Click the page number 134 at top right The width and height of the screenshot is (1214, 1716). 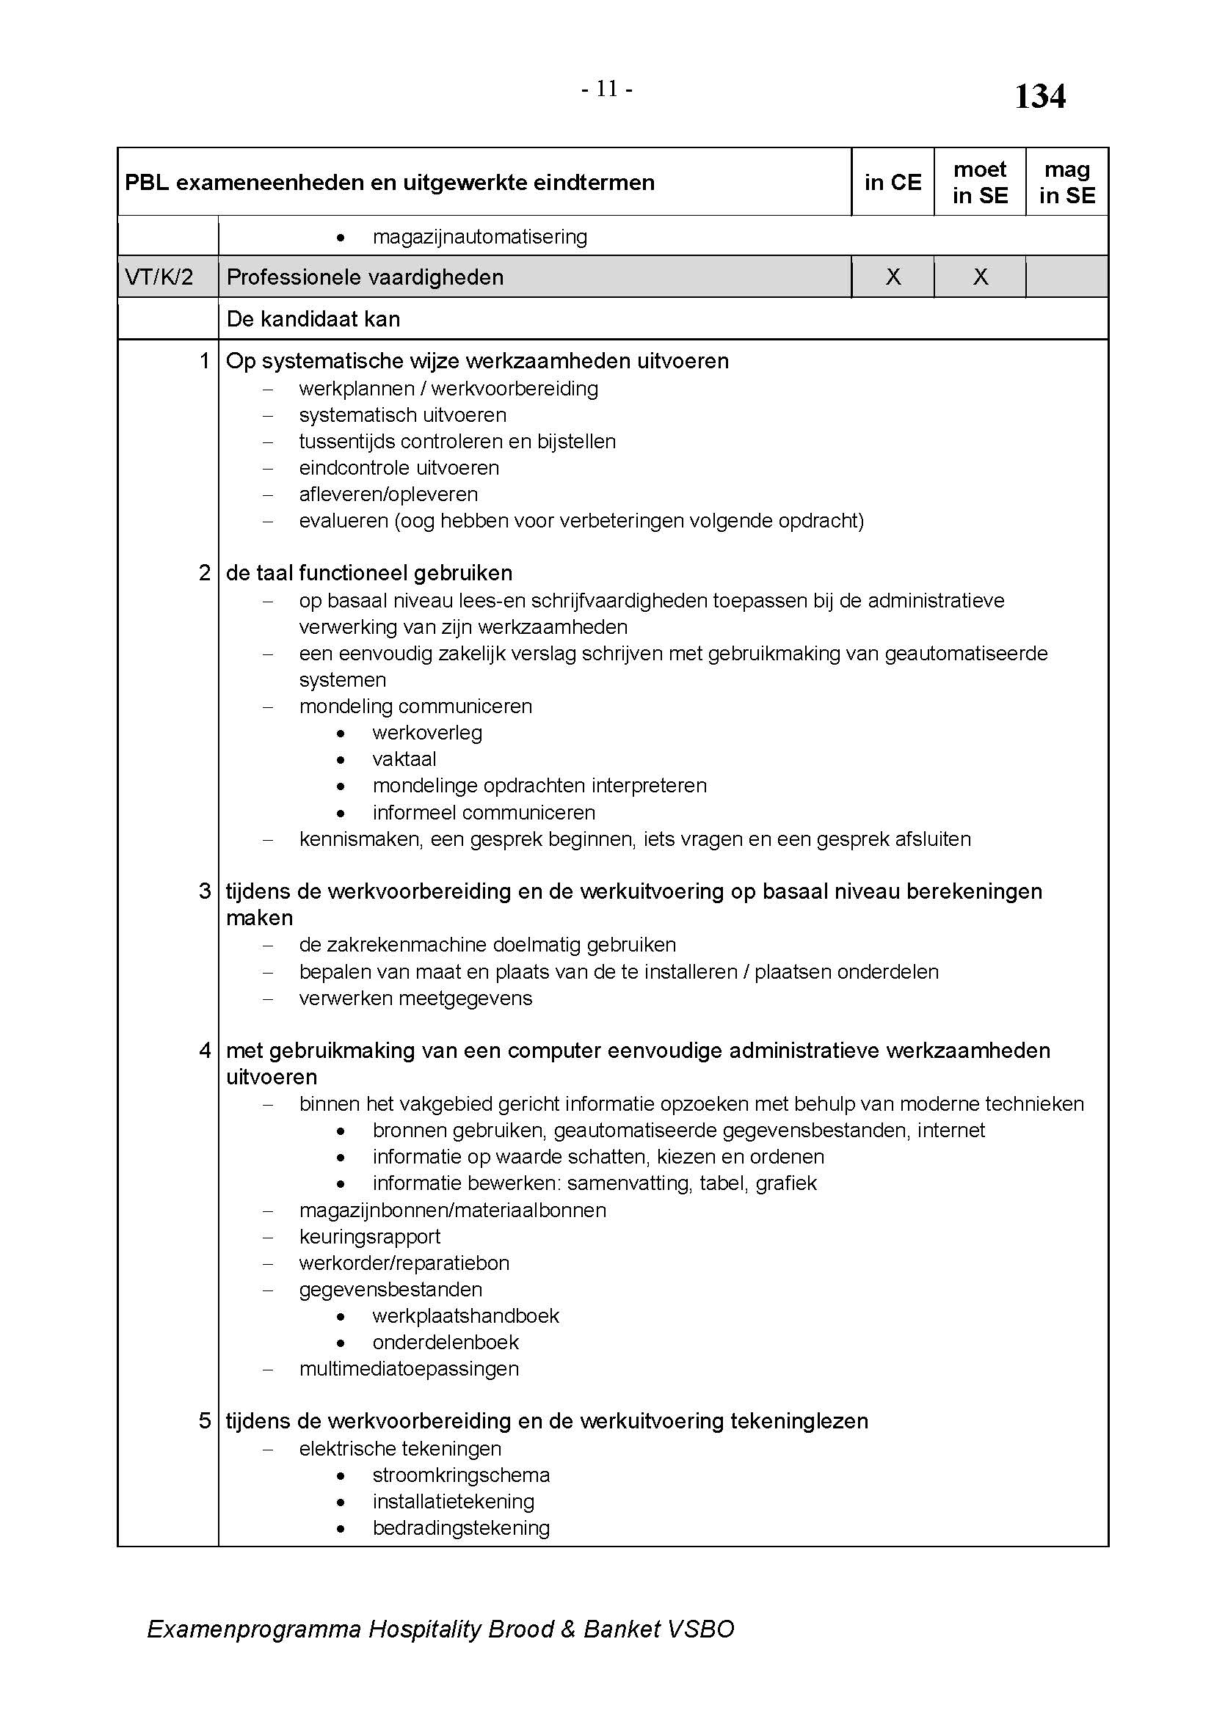click(1039, 96)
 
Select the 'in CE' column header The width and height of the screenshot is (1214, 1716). click(893, 183)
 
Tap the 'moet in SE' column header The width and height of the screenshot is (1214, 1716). click(979, 183)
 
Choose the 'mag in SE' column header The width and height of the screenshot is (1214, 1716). click(1066, 183)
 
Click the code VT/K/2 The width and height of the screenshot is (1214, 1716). click(159, 277)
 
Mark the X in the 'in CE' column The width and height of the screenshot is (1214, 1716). click(893, 277)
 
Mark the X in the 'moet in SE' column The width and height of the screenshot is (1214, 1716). click(980, 277)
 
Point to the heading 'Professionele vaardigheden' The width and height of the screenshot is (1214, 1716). click(365, 277)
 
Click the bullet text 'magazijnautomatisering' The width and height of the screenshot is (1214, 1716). click(479, 237)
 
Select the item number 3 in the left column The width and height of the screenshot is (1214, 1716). click(205, 891)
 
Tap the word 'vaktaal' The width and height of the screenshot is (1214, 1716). click(404, 759)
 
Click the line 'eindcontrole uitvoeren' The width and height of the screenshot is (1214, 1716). click(399, 468)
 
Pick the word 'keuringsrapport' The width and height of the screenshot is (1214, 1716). click(369, 1236)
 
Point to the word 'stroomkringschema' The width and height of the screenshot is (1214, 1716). click(460, 1475)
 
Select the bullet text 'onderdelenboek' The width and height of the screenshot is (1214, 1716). click(445, 1343)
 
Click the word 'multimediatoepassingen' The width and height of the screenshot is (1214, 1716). click(408, 1368)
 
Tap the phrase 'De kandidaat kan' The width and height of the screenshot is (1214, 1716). click(313, 319)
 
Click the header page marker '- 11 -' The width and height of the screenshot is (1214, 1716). click(606, 90)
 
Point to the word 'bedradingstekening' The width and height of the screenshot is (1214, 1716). click(460, 1527)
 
